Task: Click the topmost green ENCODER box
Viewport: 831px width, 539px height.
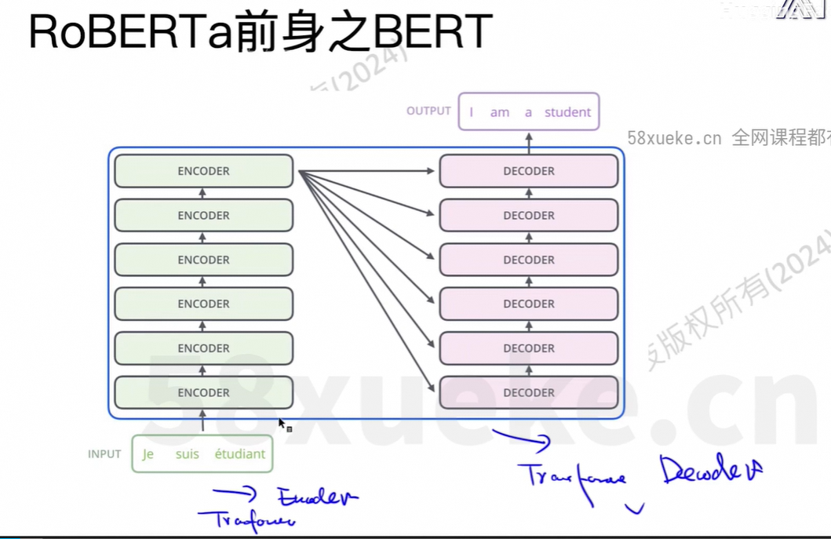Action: point(203,171)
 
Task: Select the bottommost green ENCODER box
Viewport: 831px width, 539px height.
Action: point(203,392)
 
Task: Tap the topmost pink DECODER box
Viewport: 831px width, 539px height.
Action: point(528,171)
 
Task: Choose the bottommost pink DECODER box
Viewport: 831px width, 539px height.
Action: point(528,392)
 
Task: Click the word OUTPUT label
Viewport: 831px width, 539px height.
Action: point(428,111)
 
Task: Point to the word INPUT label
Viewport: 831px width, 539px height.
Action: point(104,453)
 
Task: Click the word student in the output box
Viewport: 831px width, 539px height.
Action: point(567,112)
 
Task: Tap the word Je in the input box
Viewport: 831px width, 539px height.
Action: point(148,453)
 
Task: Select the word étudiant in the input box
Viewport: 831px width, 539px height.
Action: point(239,453)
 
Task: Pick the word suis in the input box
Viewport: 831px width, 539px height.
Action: point(188,453)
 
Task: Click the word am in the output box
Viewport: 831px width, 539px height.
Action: point(500,112)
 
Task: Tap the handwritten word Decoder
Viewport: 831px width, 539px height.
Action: point(710,470)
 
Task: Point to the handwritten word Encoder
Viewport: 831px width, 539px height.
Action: point(317,497)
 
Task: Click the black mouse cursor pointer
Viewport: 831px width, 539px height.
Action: point(282,423)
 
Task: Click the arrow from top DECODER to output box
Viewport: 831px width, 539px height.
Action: point(528,142)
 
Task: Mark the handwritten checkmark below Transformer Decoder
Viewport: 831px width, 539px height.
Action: point(635,509)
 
